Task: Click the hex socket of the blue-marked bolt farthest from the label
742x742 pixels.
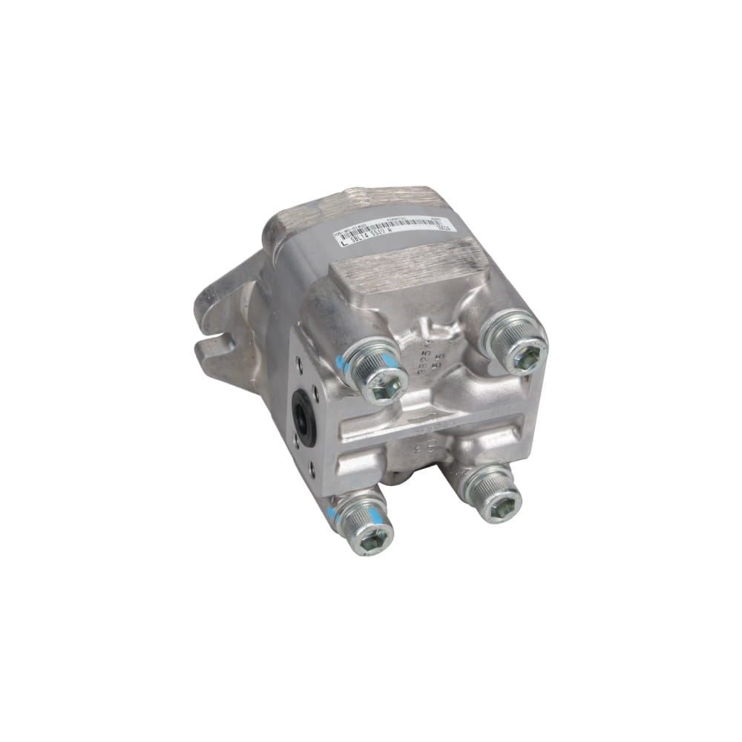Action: click(374, 535)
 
